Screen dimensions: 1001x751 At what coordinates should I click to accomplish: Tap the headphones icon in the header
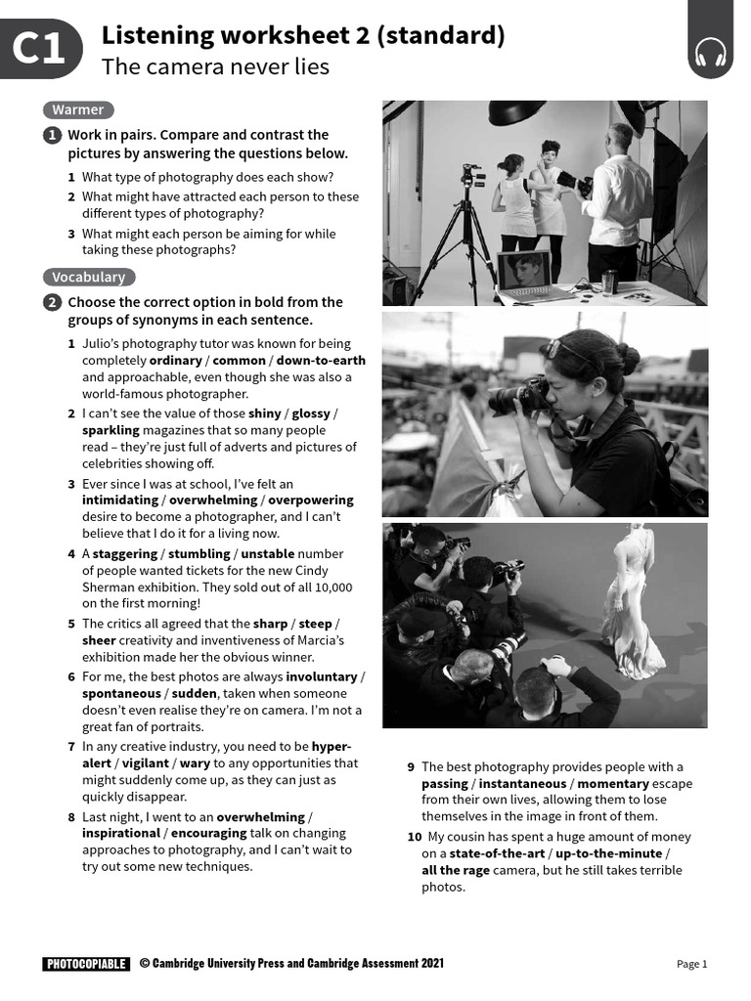(711, 55)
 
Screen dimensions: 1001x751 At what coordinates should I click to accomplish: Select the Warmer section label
(78, 109)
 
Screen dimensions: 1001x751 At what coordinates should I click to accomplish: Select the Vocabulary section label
(89, 277)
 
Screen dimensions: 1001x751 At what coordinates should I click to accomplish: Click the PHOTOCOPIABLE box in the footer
(86, 964)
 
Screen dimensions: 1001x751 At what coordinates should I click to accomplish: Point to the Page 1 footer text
(691, 964)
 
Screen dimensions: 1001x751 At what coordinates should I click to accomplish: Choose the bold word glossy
(311, 413)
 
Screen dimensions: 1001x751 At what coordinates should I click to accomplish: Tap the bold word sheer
(101, 641)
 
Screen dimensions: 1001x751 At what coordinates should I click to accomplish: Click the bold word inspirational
(120, 834)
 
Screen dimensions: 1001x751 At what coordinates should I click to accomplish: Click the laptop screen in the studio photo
(524, 270)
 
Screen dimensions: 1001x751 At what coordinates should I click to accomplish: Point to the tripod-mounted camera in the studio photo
(473, 177)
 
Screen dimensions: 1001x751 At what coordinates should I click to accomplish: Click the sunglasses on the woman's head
(563, 348)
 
